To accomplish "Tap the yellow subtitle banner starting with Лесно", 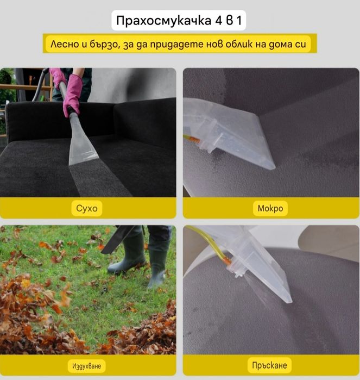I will (180, 43).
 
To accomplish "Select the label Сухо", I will (87, 208).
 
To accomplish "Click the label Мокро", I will (270, 208).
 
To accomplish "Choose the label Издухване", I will (87, 365).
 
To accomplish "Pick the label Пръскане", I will (270, 364).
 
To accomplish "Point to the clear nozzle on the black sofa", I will (83, 144).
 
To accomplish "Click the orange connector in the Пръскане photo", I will (226, 261).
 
